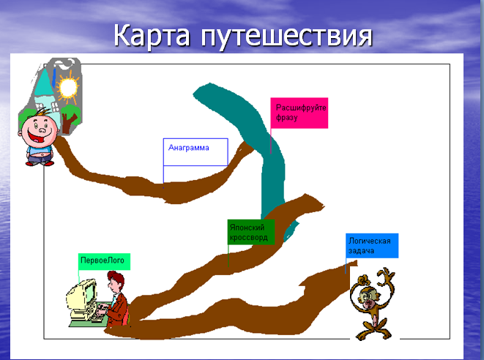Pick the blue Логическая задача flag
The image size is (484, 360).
(372, 246)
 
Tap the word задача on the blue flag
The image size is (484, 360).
(361, 250)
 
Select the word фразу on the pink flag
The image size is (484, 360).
(286, 117)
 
